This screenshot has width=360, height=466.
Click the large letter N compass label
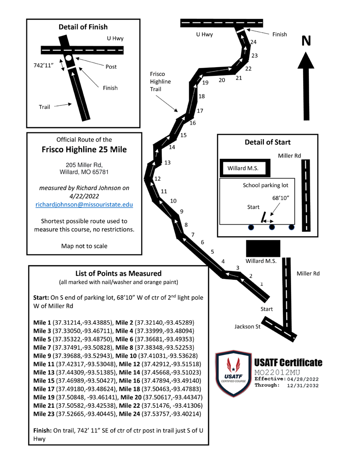point(307,40)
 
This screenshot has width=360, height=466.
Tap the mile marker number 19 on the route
point(206,83)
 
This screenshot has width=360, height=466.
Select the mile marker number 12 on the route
point(157,179)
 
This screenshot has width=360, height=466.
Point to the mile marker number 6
point(202,242)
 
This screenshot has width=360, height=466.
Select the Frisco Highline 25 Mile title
point(84,150)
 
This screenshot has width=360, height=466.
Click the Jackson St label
point(248,327)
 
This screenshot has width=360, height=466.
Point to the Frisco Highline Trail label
point(158,82)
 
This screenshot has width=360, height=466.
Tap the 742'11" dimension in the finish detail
point(45,66)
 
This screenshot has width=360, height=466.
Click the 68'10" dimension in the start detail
point(281,197)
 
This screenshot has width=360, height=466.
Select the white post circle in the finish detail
point(69,58)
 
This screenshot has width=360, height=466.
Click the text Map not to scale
point(84,245)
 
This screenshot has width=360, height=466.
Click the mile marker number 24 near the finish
point(253,42)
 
